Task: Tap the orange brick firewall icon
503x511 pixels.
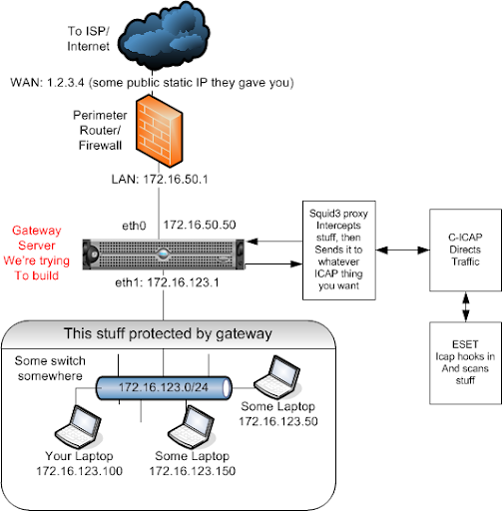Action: point(159,131)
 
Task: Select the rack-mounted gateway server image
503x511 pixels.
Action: point(164,255)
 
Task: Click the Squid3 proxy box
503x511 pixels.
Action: point(339,251)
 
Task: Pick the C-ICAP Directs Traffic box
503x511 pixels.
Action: point(465,250)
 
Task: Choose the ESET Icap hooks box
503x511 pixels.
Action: point(465,362)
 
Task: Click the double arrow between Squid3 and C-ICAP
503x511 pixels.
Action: point(402,250)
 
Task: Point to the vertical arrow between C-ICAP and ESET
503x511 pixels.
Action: point(465,306)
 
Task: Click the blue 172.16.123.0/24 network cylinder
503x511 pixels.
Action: point(164,387)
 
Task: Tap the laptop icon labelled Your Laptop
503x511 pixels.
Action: point(79,427)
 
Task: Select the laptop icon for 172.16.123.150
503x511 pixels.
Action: point(192,427)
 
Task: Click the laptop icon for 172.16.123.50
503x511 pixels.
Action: point(277,377)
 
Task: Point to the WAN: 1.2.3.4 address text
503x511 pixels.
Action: point(152,83)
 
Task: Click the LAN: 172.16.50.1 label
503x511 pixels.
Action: point(160,180)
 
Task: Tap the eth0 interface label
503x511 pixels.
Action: point(134,226)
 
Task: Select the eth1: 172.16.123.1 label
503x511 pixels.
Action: point(167,282)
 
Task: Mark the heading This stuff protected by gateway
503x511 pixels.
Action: point(168,333)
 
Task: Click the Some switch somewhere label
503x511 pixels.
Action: point(50,368)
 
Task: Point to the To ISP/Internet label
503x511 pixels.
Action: point(88,39)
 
